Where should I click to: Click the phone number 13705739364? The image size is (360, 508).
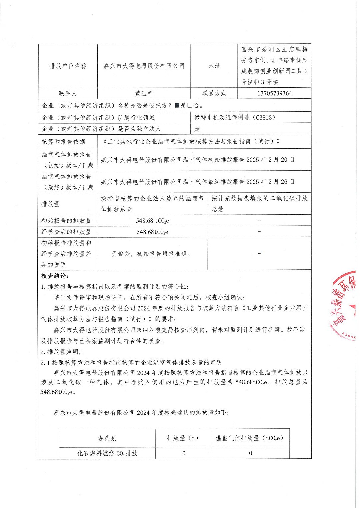click(x=274, y=93)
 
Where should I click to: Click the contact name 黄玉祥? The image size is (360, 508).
click(x=144, y=94)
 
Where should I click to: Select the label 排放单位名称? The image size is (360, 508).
click(x=68, y=66)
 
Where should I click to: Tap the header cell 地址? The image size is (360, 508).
click(x=214, y=66)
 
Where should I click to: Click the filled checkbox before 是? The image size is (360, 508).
click(x=177, y=106)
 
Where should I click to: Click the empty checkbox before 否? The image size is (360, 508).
click(x=190, y=106)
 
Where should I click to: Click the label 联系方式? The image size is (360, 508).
click(x=214, y=93)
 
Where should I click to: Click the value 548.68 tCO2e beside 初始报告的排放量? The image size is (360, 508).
click(x=152, y=221)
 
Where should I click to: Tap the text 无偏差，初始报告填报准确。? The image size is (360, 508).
click(x=152, y=254)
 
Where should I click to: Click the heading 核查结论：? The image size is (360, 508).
click(x=55, y=276)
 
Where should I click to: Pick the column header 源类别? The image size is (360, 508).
click(x=107, y=438)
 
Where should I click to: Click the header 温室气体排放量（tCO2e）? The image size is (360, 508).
click(x=250, y=438)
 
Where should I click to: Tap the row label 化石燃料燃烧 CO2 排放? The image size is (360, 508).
click(x=107, y=453)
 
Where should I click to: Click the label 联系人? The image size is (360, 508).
click(x=68, y=94)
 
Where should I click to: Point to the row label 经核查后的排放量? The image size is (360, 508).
click(x=66, y=232)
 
